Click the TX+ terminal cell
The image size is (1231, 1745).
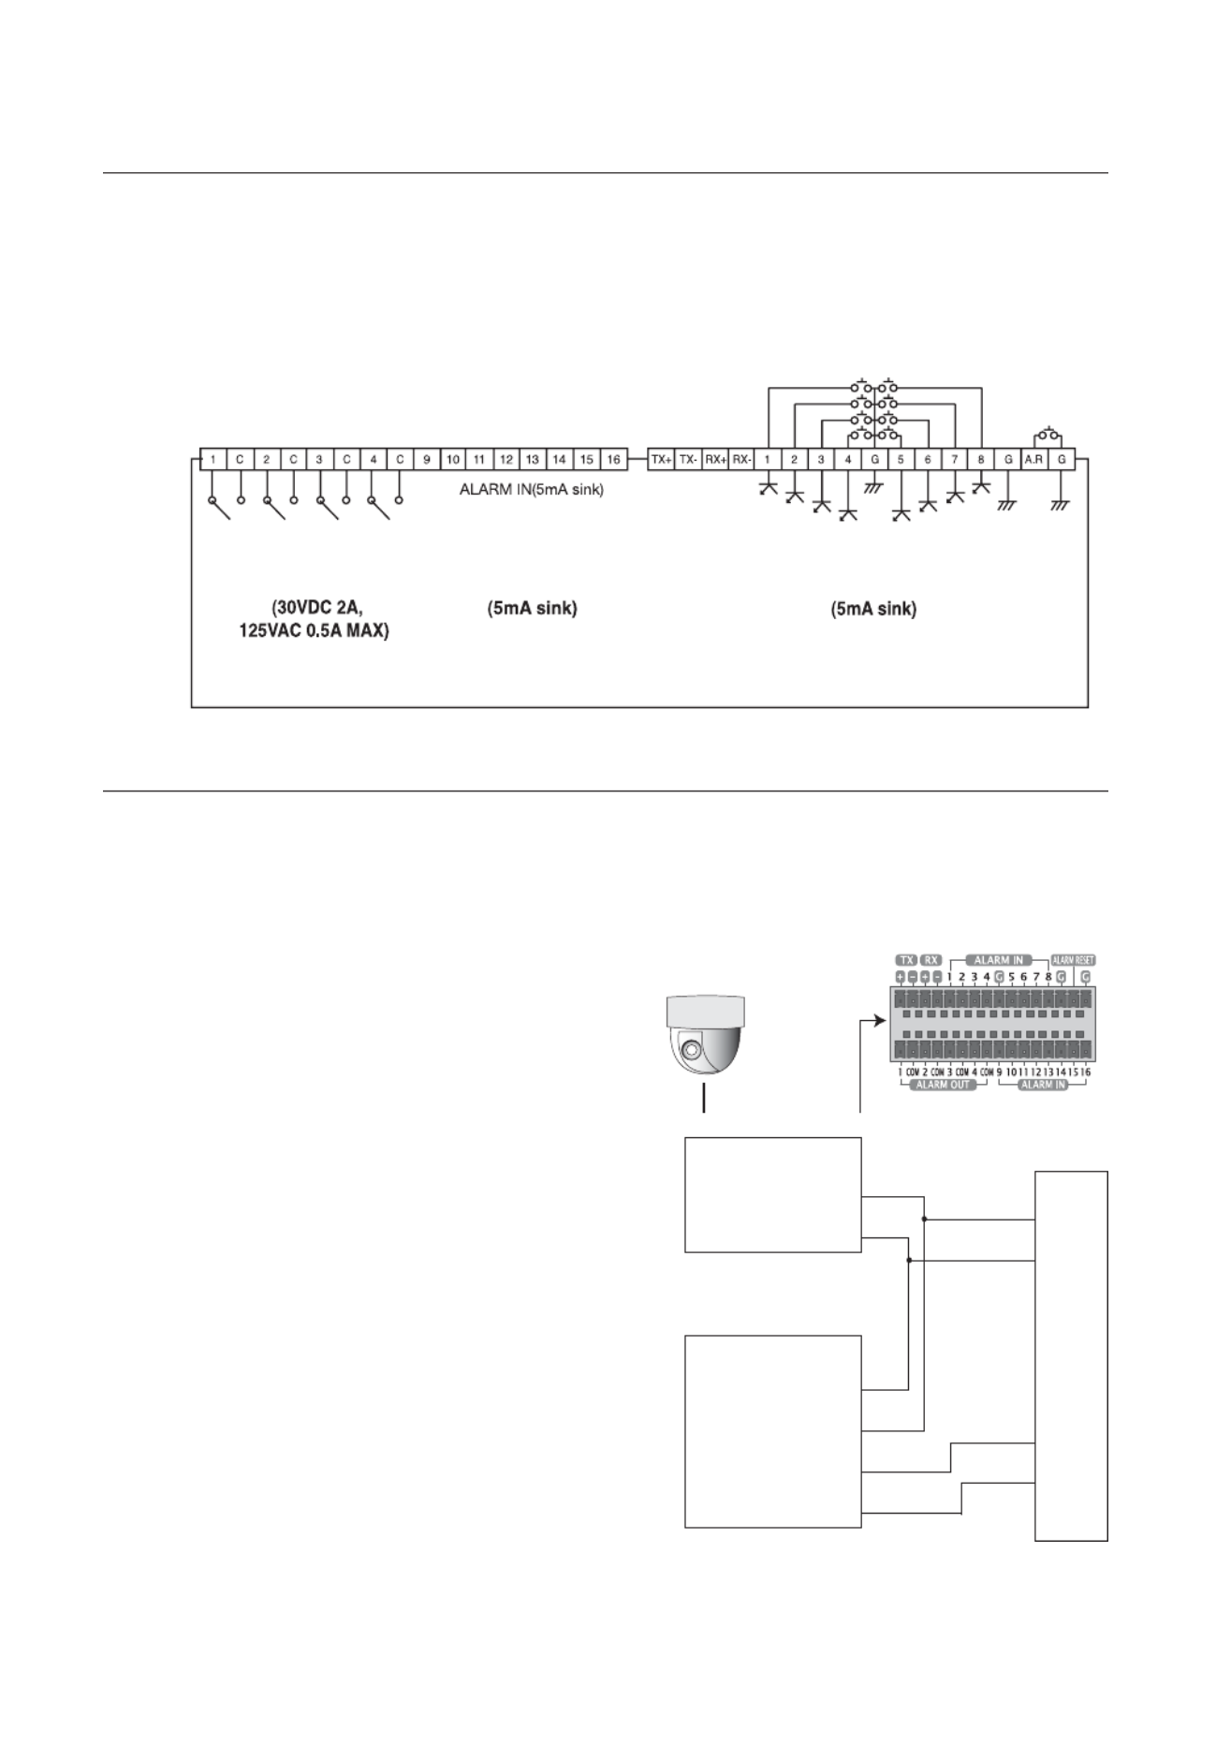coord(662,460)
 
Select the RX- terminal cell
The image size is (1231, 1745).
coord(741,460)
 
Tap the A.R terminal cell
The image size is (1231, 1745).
coord(1034,460)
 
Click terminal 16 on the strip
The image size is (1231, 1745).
coord(612,460)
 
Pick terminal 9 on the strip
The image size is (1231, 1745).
coord(426,460)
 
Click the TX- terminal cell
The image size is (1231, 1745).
coord(688,460)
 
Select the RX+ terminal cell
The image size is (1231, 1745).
coord(715,460)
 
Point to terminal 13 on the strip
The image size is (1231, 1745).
coord(532,460)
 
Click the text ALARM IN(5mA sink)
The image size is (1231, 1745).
coord(531,489)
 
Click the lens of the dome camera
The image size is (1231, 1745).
coord(691,1049)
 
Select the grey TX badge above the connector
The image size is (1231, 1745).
coord(905,960)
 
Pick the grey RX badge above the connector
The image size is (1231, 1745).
coord(931,960)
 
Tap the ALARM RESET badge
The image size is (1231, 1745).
coord(1073,960)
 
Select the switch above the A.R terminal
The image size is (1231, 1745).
coord(1048,436)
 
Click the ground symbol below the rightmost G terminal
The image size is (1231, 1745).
coord(1061,506)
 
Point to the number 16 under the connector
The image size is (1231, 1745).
coord(1085,1072)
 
